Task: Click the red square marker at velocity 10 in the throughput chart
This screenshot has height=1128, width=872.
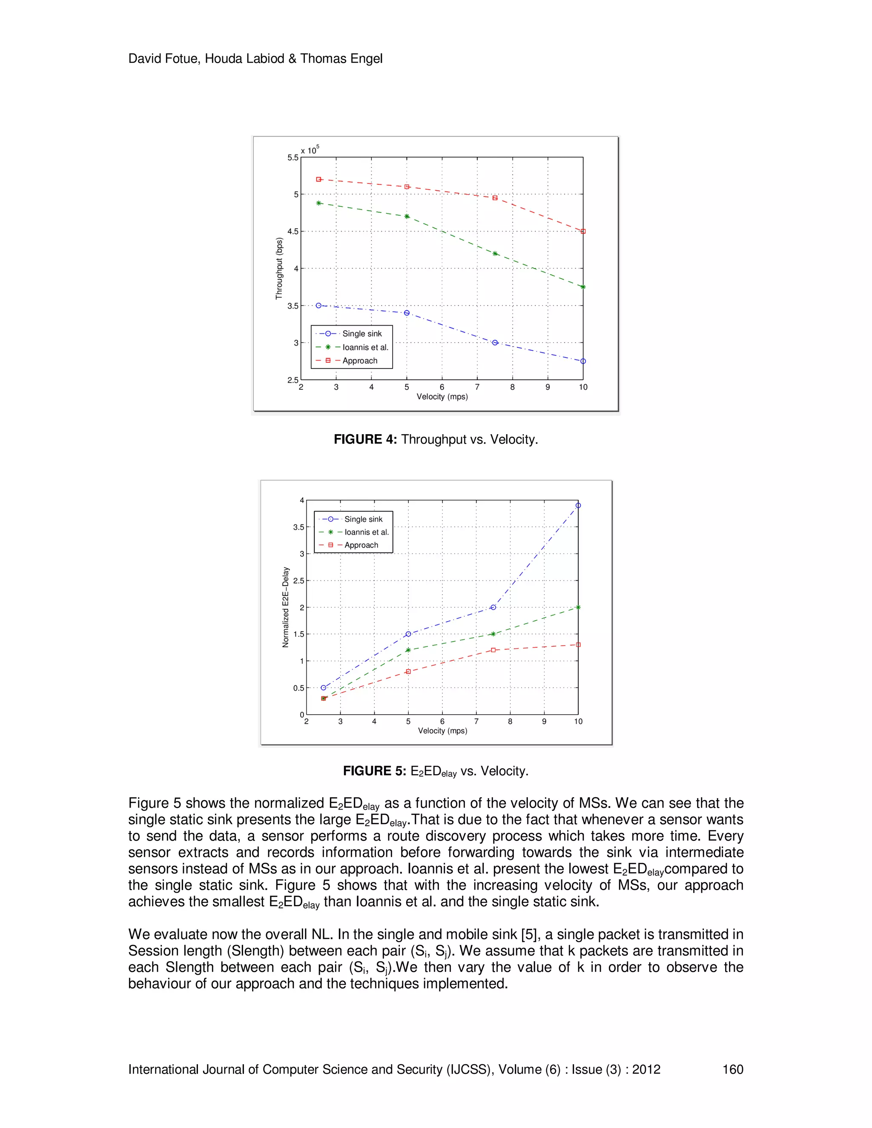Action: (x=583, y=232)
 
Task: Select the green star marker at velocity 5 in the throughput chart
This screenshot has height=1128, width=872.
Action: (x=407, y=216)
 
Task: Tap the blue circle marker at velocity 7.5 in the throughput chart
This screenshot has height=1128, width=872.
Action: (x=495, y=342)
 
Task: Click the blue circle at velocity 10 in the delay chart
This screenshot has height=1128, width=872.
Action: (x=578, y=505)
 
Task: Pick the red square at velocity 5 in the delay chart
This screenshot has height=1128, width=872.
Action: (x=408, y=671)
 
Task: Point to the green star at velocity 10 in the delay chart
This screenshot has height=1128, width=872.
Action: (x=578, y=607)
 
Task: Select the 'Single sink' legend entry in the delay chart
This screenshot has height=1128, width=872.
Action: (x=363, y=519)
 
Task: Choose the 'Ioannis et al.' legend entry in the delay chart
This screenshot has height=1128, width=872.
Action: (x=366, y=532)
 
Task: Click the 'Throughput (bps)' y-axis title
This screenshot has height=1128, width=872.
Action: (x=279, y=269)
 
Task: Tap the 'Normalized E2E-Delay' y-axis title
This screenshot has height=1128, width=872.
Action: (x=285, y=607)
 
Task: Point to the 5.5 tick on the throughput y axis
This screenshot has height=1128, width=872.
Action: (x=293, y=157)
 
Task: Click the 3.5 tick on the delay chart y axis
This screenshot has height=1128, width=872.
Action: (x=298, y=527)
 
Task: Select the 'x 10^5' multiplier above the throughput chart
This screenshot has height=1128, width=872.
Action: (x=310, y=150)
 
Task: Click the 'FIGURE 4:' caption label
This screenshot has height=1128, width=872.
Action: (x=365, y=440)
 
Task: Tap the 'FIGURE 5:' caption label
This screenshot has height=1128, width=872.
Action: (x=375, y=771)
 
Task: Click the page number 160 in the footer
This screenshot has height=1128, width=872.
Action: (x=732, y=1069)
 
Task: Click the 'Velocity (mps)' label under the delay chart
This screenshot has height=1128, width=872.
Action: (x=442, y=731)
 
